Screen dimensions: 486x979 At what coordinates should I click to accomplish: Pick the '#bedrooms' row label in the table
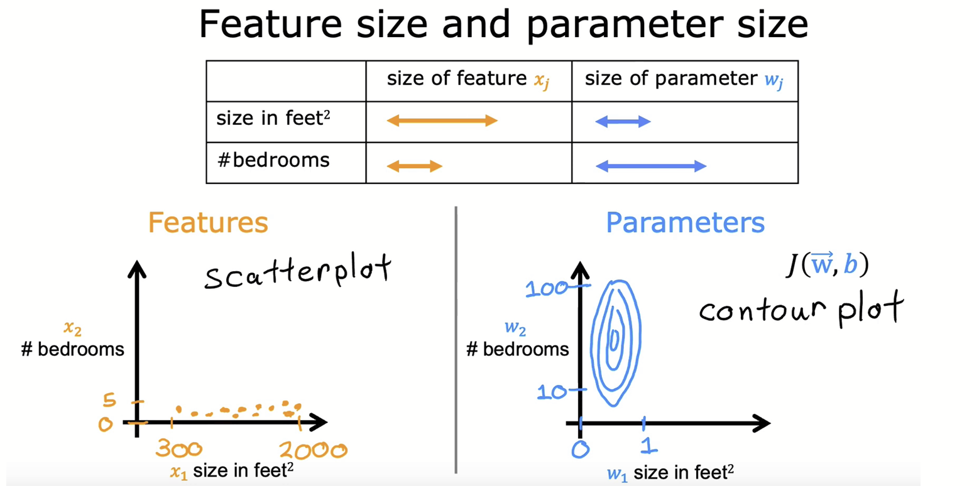click(273, 160)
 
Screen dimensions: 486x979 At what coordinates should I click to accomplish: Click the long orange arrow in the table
click(442, 121)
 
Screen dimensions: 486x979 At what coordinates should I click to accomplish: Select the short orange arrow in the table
click(415, 166)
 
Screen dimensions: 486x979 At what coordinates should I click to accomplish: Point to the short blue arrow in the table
click(623, 122)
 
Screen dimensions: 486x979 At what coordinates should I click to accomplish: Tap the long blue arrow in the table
click(651, 166)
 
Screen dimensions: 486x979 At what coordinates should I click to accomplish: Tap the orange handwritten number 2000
click(313, 450)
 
